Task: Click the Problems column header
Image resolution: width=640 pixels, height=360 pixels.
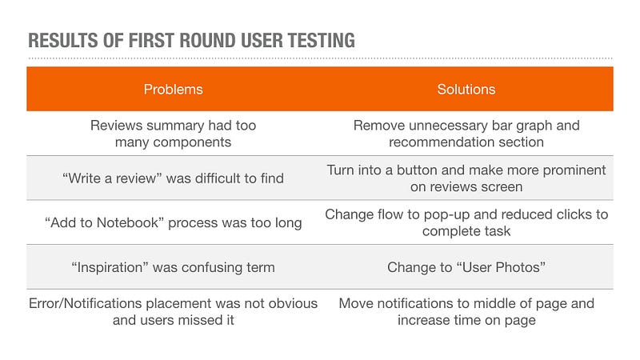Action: pyautogui.click(x=173, y=90)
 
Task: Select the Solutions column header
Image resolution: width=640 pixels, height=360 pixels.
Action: pyautogui.click(x=466, y=90)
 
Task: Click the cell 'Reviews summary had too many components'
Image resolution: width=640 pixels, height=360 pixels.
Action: pyautogui.click(x=173, y=134)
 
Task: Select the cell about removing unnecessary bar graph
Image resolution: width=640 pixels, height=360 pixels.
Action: pyautogui.click(x=466, y=134)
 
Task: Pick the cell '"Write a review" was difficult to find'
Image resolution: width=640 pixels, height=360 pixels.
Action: pyautogui.click(x=173, y=178)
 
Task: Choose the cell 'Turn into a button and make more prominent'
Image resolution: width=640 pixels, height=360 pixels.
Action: pyautogui.click(x=466, y=178)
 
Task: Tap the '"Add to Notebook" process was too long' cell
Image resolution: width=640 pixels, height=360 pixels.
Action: pyautogui.click(x=173, y=223)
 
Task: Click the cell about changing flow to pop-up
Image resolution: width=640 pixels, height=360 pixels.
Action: pyautogui.click(x=466, y=223)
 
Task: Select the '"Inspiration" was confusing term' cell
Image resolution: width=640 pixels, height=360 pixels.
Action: pyautogui.click(x=173, y=267)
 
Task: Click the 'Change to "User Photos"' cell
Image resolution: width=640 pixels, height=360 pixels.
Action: pyautogui.click(x=466, y=267)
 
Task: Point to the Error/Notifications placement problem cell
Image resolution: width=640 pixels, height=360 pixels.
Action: pyautogui.click(x=173, y=312)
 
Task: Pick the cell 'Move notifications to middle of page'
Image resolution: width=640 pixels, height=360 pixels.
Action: pyautogui.click(x=466, y=312)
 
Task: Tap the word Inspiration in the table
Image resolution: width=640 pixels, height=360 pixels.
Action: pyautogui.click(x=110, y=267)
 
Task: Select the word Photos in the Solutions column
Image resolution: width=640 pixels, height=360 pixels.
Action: pyautogui.click(x=520, y=267)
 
